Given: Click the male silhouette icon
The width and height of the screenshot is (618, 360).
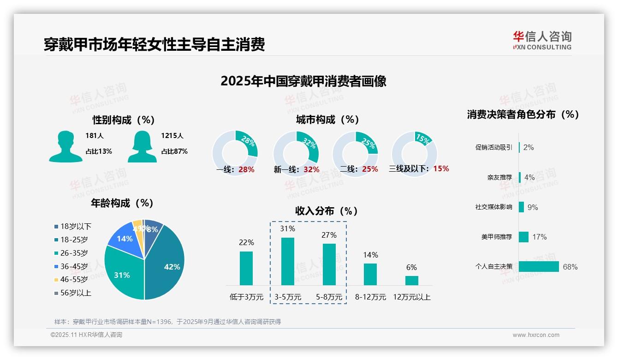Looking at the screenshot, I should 65,147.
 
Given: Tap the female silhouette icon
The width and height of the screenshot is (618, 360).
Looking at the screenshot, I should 142,147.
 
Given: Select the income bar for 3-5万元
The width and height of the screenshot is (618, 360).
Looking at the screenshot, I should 288,261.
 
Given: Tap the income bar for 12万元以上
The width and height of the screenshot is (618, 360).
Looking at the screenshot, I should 412,280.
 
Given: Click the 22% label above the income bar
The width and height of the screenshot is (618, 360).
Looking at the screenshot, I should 246,242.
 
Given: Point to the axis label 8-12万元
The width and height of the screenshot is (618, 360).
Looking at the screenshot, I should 370,297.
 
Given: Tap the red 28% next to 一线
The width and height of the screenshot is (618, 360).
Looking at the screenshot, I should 246,169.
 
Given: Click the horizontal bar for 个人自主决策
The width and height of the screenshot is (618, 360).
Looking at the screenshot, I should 539,266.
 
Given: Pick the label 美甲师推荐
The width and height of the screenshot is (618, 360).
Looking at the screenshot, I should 496,237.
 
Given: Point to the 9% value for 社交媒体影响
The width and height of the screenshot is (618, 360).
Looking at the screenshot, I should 533,207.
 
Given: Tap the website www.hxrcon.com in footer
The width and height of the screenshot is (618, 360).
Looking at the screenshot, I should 536,335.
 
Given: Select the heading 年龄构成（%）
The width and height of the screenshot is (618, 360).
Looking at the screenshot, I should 122,203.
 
